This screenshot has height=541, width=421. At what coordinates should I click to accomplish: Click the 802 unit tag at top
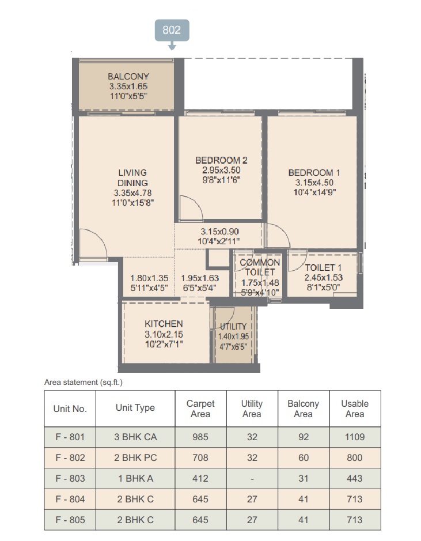pyautogui.click(x=172, y=31)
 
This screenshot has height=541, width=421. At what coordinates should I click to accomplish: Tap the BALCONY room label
pyautogui.click(x=128, y=76)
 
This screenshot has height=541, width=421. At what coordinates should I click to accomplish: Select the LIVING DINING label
pyautogui.click(x=132, y=177)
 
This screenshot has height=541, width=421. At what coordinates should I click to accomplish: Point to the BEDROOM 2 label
pyautogui.click(x=221, y=160)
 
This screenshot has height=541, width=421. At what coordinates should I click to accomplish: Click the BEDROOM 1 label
pyautogui.click(x=314, y=172)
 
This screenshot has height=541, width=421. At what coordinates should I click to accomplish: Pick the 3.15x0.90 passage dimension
pyautogui.click(x=219, y=232)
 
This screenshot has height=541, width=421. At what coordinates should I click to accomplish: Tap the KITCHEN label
pyautogui.click(x=164, y=324)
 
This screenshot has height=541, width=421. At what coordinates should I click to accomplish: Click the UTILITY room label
pyautogui.click(x=233, y=327)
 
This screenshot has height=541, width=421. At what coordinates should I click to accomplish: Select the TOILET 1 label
pyautogui.click(x=323, y=267)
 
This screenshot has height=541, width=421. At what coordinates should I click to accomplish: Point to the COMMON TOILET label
pyautogui.click(x=260, y=267)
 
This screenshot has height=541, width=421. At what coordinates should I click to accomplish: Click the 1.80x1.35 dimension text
pyautogui.click(x=149, y=278)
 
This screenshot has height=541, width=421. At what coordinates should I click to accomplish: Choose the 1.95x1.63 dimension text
pyautogui.click(x=200, y=278)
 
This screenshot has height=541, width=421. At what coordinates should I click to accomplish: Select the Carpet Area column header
pyautogui.click(x=200, y=408)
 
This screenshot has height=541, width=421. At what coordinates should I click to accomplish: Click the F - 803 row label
pyautogui.click(x=70, y=478)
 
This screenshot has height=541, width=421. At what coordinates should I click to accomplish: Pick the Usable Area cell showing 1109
pyautogui.click(x=355, y=437)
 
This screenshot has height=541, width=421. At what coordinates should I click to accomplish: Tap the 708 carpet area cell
pyautogui.click(x=200, y=457)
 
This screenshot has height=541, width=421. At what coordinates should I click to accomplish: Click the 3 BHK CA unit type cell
pyautogui.click(x=135, y=437)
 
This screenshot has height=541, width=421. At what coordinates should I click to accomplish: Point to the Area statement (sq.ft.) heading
pyautogui.click(x=84, y=383)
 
